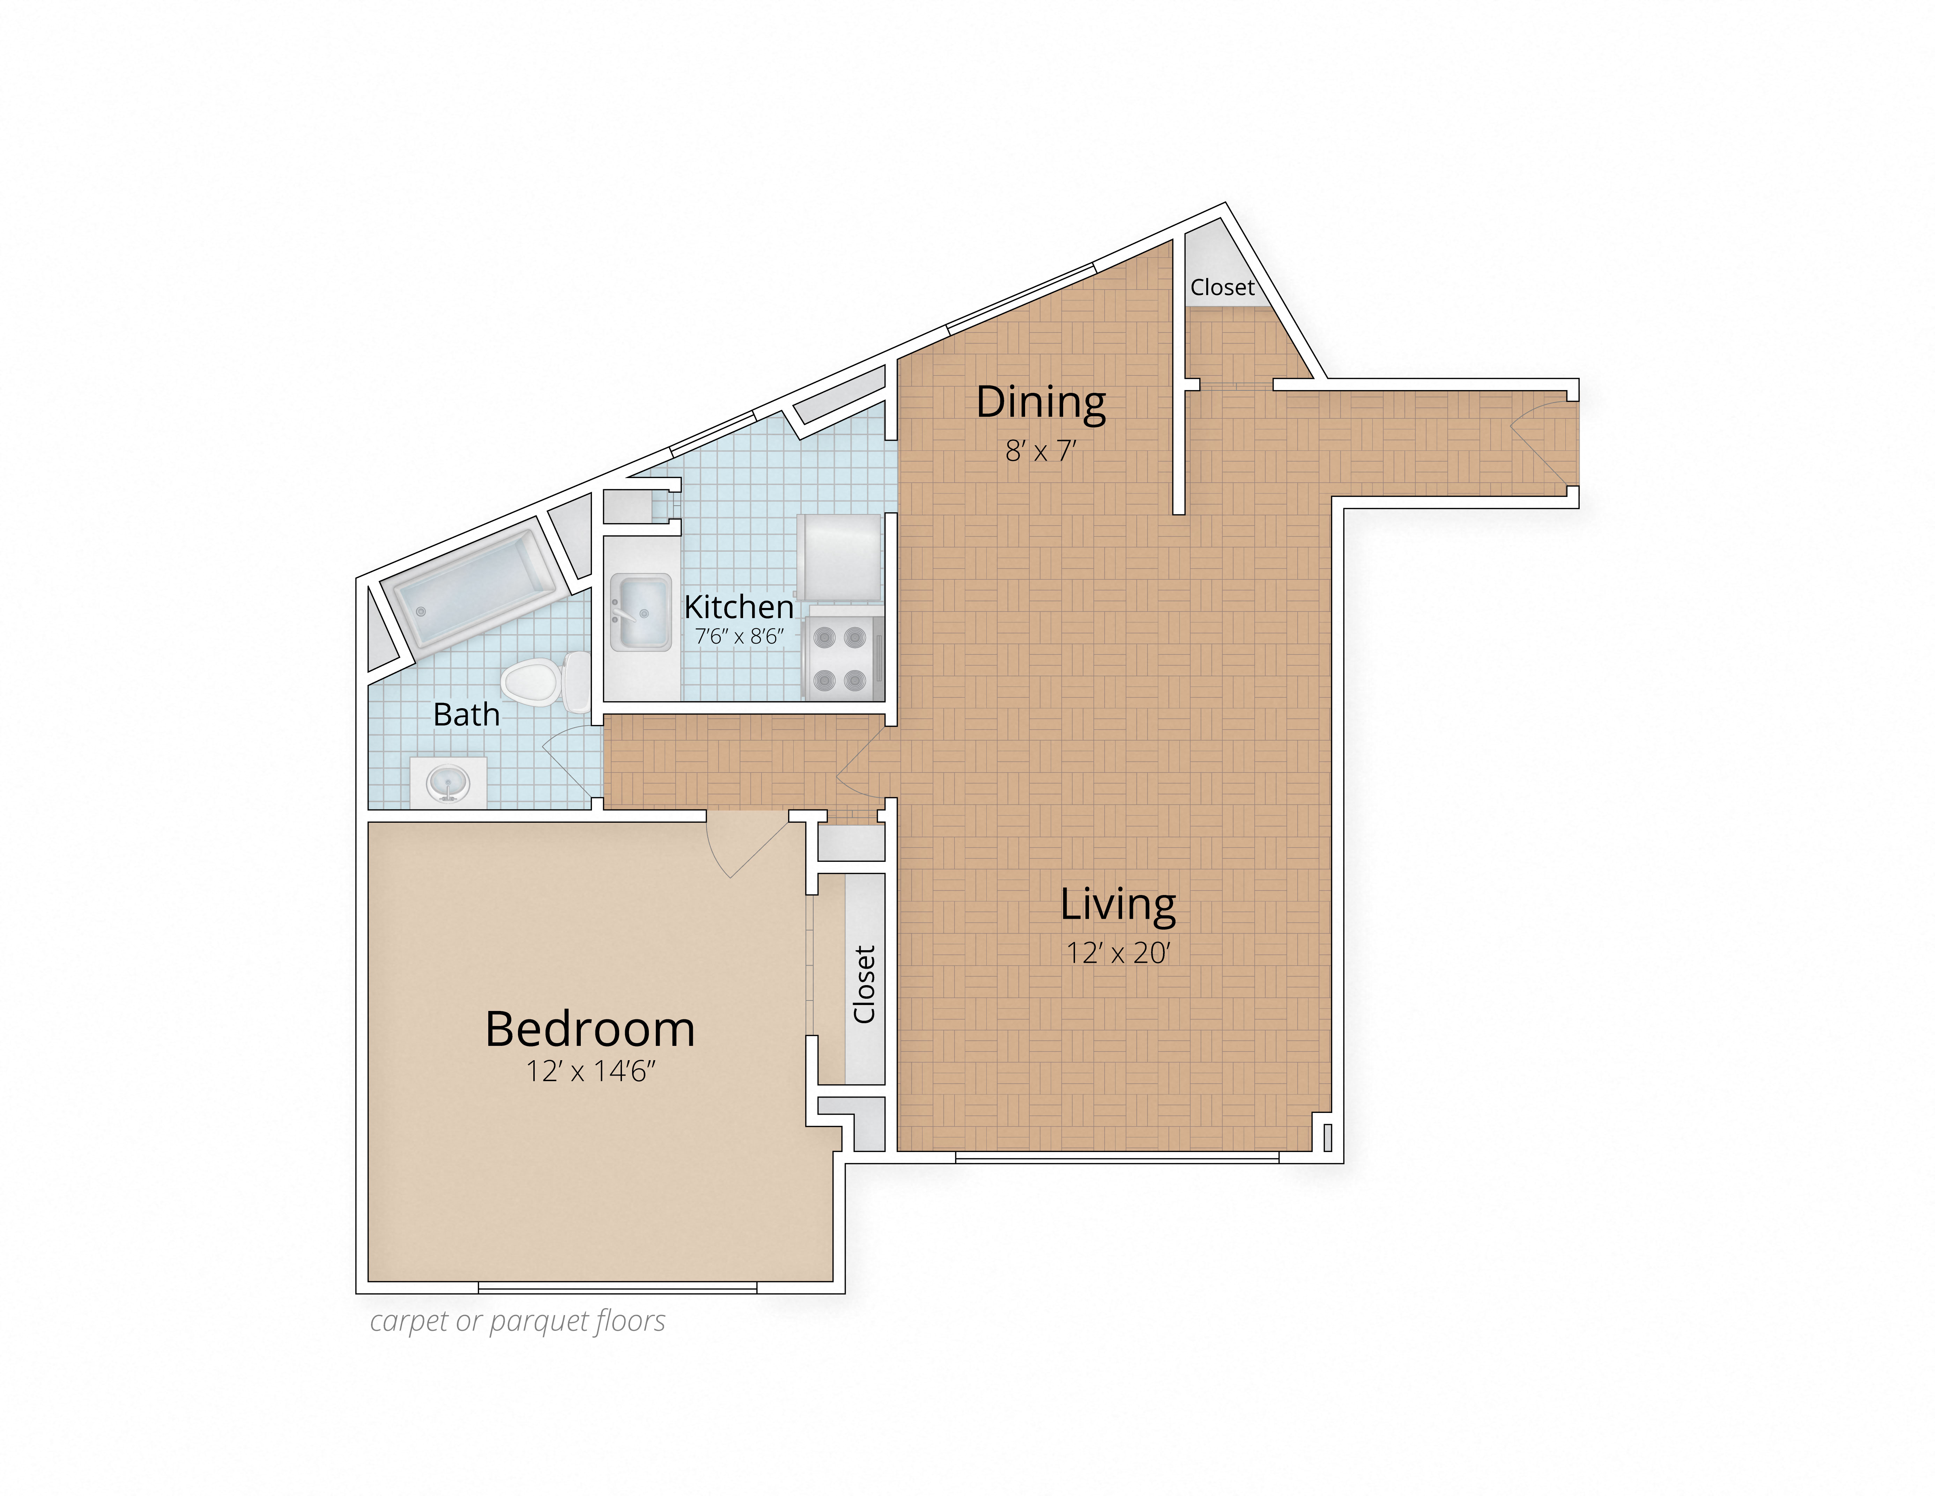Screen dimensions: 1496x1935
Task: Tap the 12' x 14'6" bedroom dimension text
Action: click(x=590, y=1071)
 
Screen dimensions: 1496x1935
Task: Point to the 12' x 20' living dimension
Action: click(x=1118, y=953)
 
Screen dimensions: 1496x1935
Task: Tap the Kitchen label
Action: click(x=739, y=607)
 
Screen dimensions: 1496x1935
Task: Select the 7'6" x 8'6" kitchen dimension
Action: click(x=739, y=636)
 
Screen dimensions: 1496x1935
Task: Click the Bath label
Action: click(x=466, y=714)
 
